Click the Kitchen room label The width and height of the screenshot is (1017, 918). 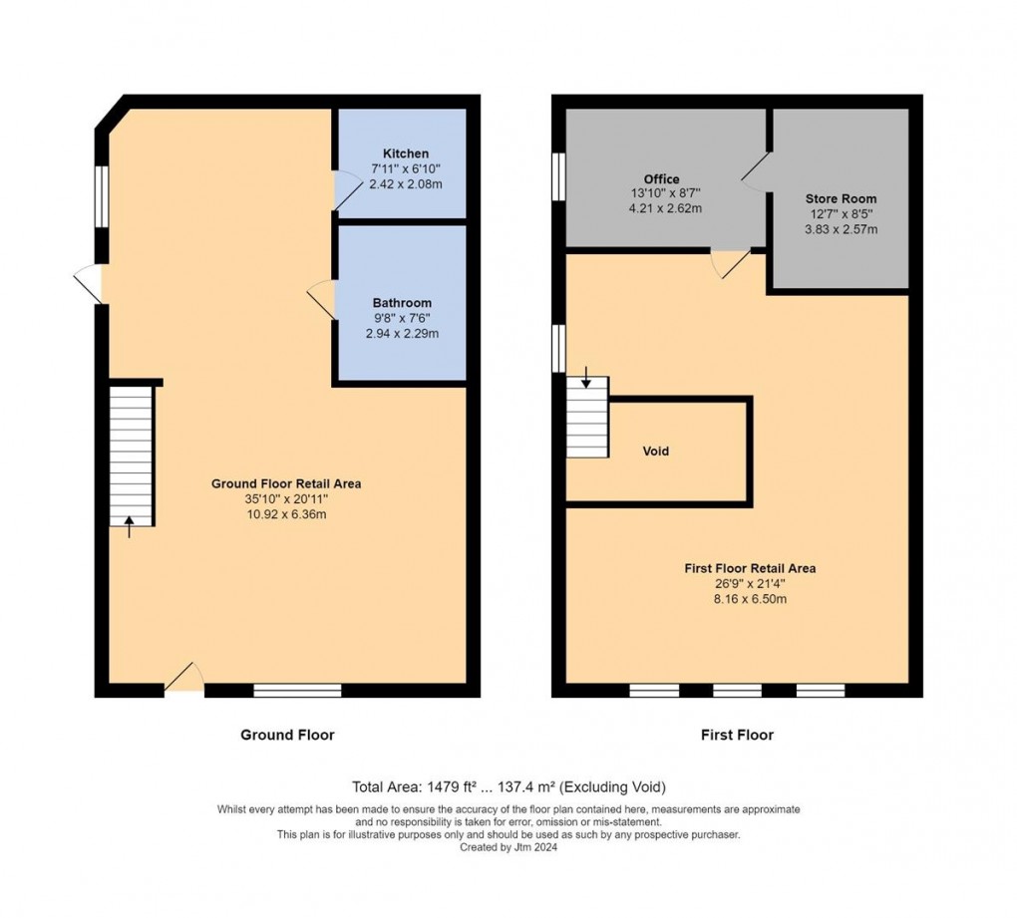click(x=406, y=153)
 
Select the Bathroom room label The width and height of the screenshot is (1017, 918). click(x=402, y=303)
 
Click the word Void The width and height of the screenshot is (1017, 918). click(x=655, y=452)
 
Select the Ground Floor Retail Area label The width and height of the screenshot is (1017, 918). click(x=286, y=483)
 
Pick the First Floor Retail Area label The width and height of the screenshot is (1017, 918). click(x=750, y=568)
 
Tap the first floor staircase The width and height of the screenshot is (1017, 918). click(x=587, y=418)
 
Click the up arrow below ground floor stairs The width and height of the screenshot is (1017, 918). click(x=129, y=526)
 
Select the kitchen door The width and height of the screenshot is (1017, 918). click(x=346, y=191)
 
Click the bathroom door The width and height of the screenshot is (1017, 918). click(x=323, y=298)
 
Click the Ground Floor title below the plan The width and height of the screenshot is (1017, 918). click(x=287, y=735)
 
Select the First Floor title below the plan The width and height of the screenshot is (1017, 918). click(x=737, y=735)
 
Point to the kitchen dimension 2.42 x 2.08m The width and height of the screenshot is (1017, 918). click(x=406, y=184)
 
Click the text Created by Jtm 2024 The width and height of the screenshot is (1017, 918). click(x=508, y=848)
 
